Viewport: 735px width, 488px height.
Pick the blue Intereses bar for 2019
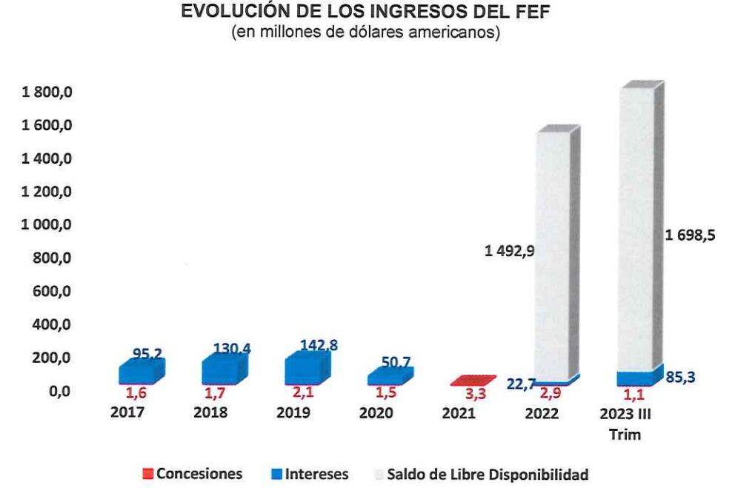click(x=305, y=370)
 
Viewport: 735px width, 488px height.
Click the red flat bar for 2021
click(x=470, y=380)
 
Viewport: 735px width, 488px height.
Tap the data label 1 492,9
click(x=509, y=252)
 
